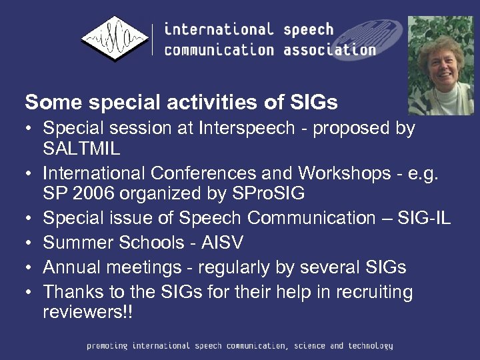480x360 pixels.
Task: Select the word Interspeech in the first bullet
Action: pos(245,127)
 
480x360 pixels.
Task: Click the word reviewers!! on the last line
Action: pos(87,311)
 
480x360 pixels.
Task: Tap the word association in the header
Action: pos(329,49)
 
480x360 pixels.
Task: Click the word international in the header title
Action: pos(219,29)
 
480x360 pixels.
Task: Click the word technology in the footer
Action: pos(369,346)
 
